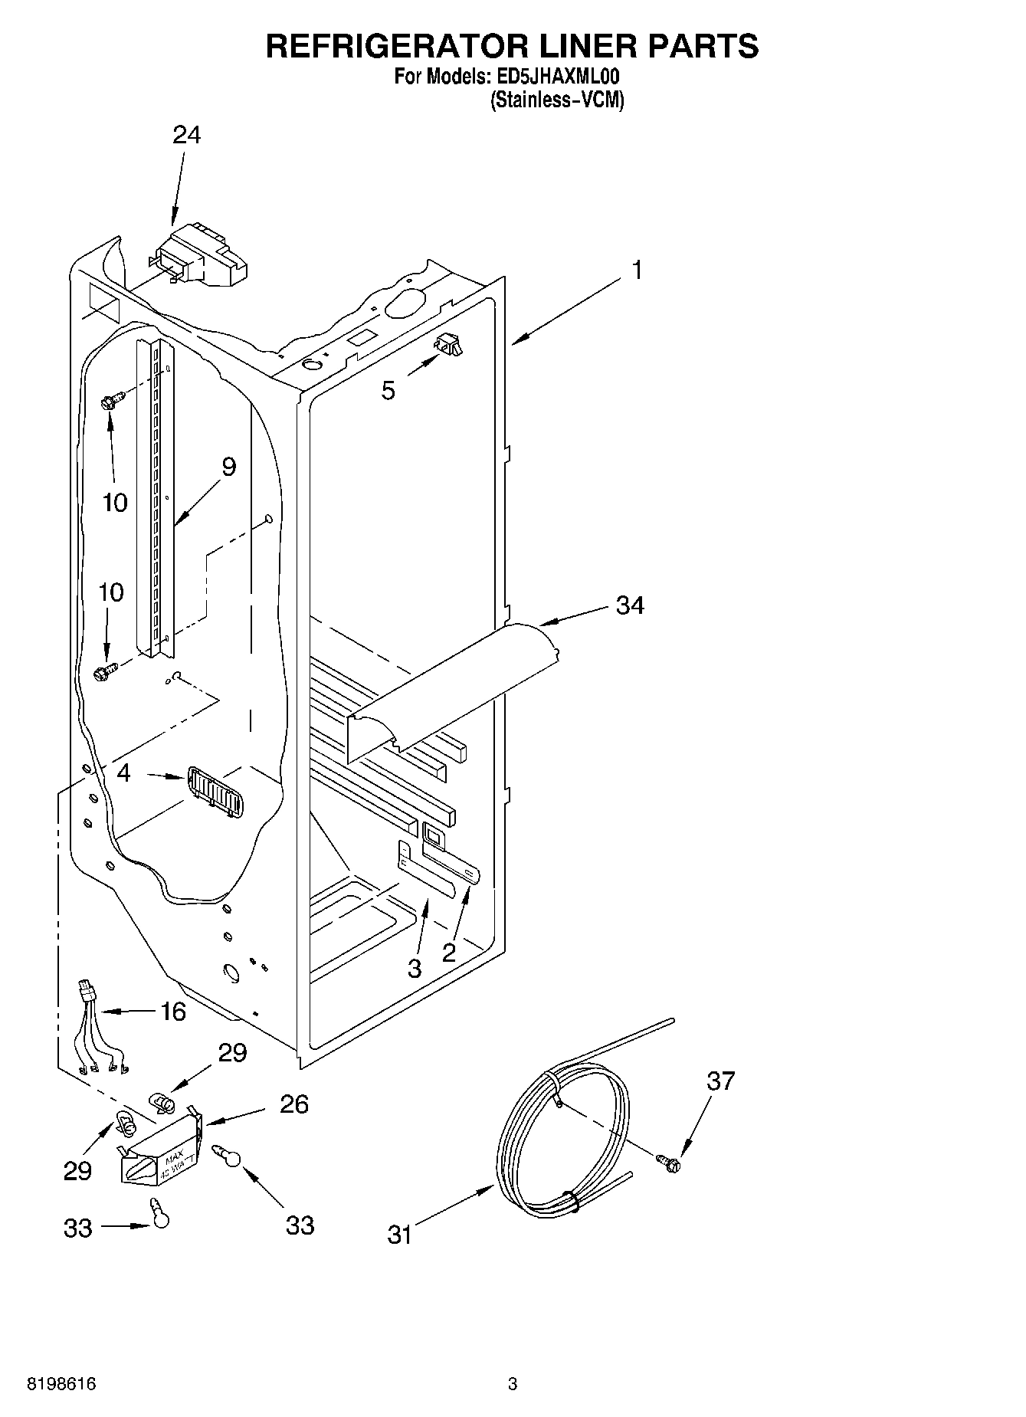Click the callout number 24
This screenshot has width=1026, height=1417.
tap(186, 135)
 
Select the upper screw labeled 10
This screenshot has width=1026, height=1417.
tap(111, 401)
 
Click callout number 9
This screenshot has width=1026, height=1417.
tap(228, 467)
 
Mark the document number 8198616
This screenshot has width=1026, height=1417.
tap(61, 1384)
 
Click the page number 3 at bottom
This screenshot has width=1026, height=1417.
tap(513, 1384)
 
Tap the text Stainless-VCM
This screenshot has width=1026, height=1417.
tap(557, 100)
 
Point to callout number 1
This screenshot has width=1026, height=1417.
tap(637, 270)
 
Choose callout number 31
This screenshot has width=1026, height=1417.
tap(399, 1235)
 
